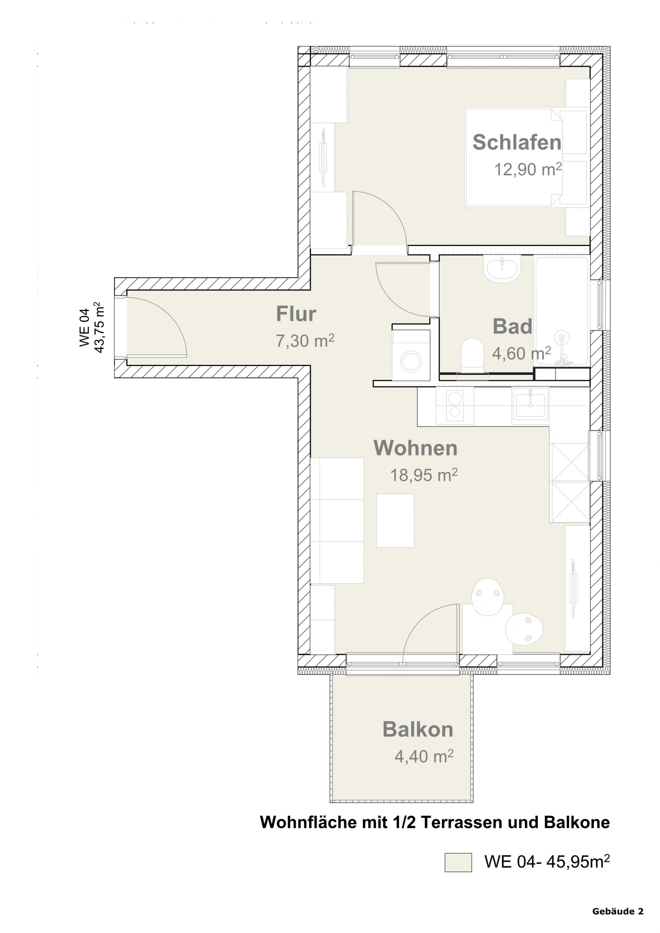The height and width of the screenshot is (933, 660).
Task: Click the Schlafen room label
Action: click(x=517, y=142)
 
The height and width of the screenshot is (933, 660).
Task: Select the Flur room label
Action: click(x=296, y=314)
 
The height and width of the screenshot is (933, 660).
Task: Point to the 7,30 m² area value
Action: click(x=305, y=340)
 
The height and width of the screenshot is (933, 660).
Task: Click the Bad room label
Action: click(x=512, y=326)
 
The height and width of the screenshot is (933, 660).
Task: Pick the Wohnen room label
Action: click(x=415, y=448)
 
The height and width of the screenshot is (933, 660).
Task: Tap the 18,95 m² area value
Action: click(x=424, y=475)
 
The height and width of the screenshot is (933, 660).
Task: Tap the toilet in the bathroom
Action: click(x=473, y=356)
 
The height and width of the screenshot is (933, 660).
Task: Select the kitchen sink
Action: click(x=530, y=406)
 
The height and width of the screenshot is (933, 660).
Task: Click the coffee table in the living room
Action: click(x=395, y=520)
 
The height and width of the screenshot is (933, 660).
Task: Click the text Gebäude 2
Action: click(x=618, y=911)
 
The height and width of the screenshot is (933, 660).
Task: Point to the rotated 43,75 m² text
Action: click(x=99, y=327)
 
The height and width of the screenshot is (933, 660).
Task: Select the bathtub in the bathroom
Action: click(x=562, y=312)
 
